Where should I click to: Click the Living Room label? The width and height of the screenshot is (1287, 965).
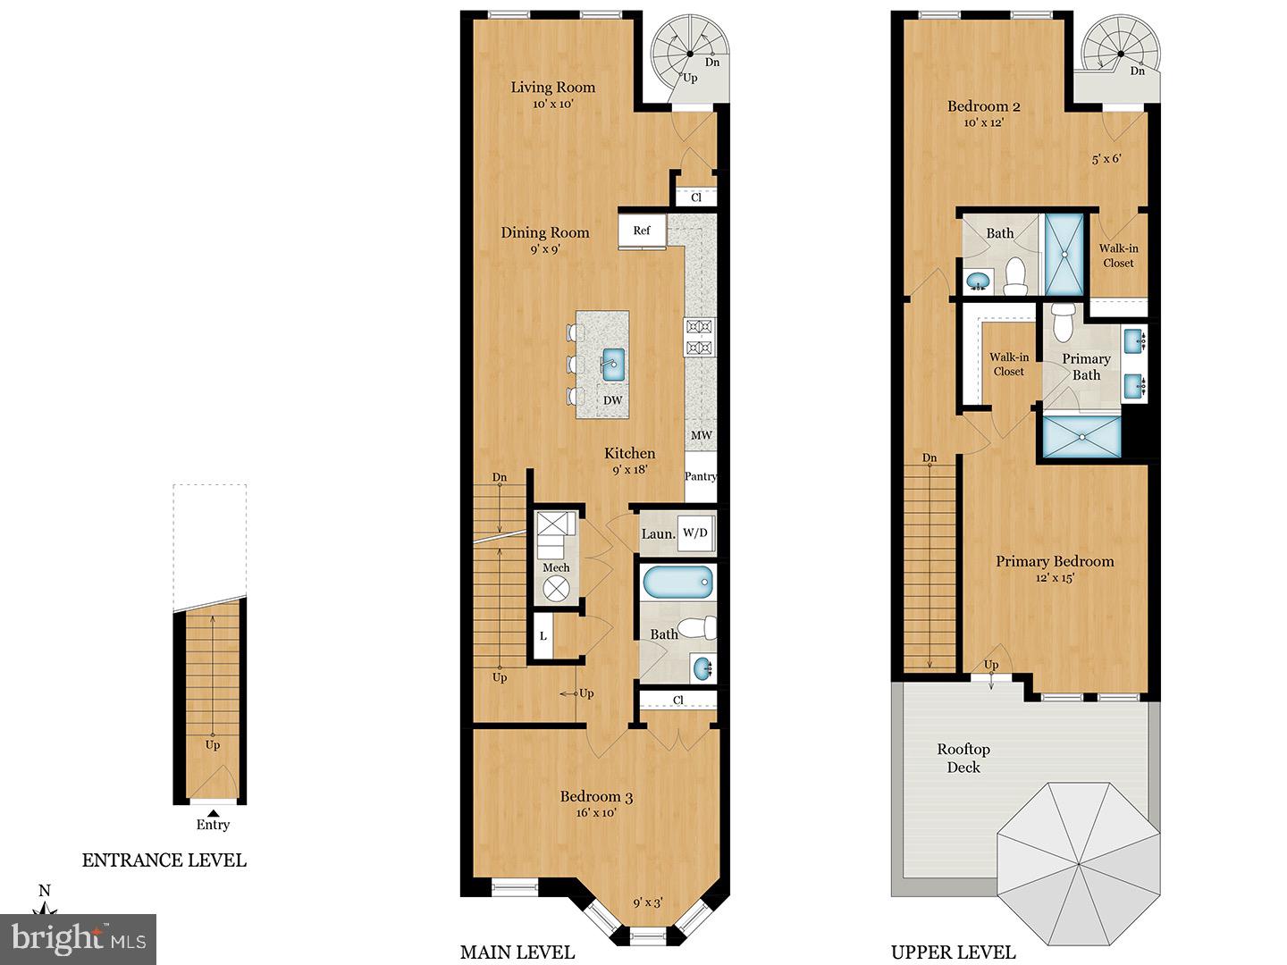tap(552, 87)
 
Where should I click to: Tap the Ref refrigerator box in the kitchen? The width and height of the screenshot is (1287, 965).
tap(642, 231)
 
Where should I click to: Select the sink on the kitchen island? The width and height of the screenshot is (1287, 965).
tap(613, 362)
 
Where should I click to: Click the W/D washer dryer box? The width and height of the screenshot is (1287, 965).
tap(694, 533)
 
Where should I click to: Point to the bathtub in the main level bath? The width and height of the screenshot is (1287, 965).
tap(677, 583)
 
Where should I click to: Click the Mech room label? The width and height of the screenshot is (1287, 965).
tap(556, 567)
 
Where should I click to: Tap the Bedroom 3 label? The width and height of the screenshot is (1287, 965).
tap(596, 796)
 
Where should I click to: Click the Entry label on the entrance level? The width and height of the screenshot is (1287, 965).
tap(213, 825)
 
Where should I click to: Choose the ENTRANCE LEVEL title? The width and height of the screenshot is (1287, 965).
tap(164, 860)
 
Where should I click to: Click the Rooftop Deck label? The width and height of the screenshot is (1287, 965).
tap(963, 758)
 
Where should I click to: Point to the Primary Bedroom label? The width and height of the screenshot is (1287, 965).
tap(1055, 561)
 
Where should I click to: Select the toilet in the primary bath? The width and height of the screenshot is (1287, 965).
tap(1062, 323)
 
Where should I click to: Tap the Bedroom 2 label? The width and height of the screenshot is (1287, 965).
tap(983, 106)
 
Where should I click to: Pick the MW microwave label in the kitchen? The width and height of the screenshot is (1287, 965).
tap(702, 435)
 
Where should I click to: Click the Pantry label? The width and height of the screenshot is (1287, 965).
tap(701, 476)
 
